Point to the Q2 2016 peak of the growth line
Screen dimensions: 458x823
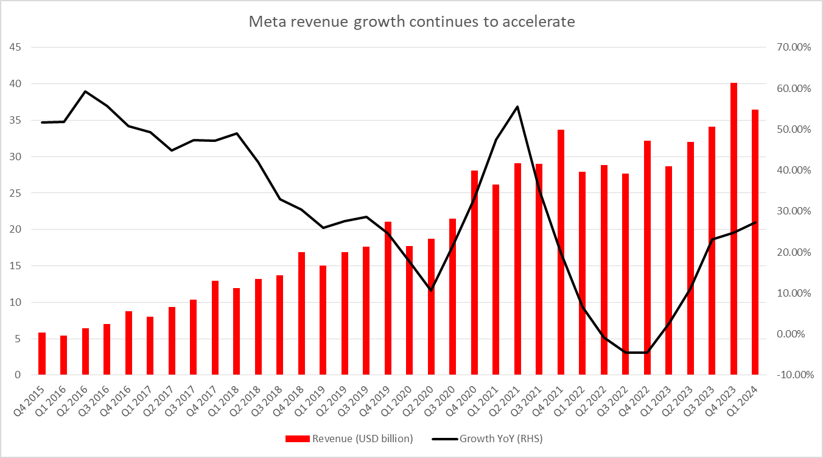(85, 91)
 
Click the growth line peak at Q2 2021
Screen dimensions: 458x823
(517, 107)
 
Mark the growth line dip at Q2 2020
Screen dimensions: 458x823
(431, 291)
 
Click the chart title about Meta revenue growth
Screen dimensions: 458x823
(411, 22)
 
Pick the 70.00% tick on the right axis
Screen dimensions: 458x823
(790, 48)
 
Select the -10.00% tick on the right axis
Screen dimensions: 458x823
(790, 375)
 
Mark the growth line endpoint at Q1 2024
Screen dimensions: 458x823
(755, 222)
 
